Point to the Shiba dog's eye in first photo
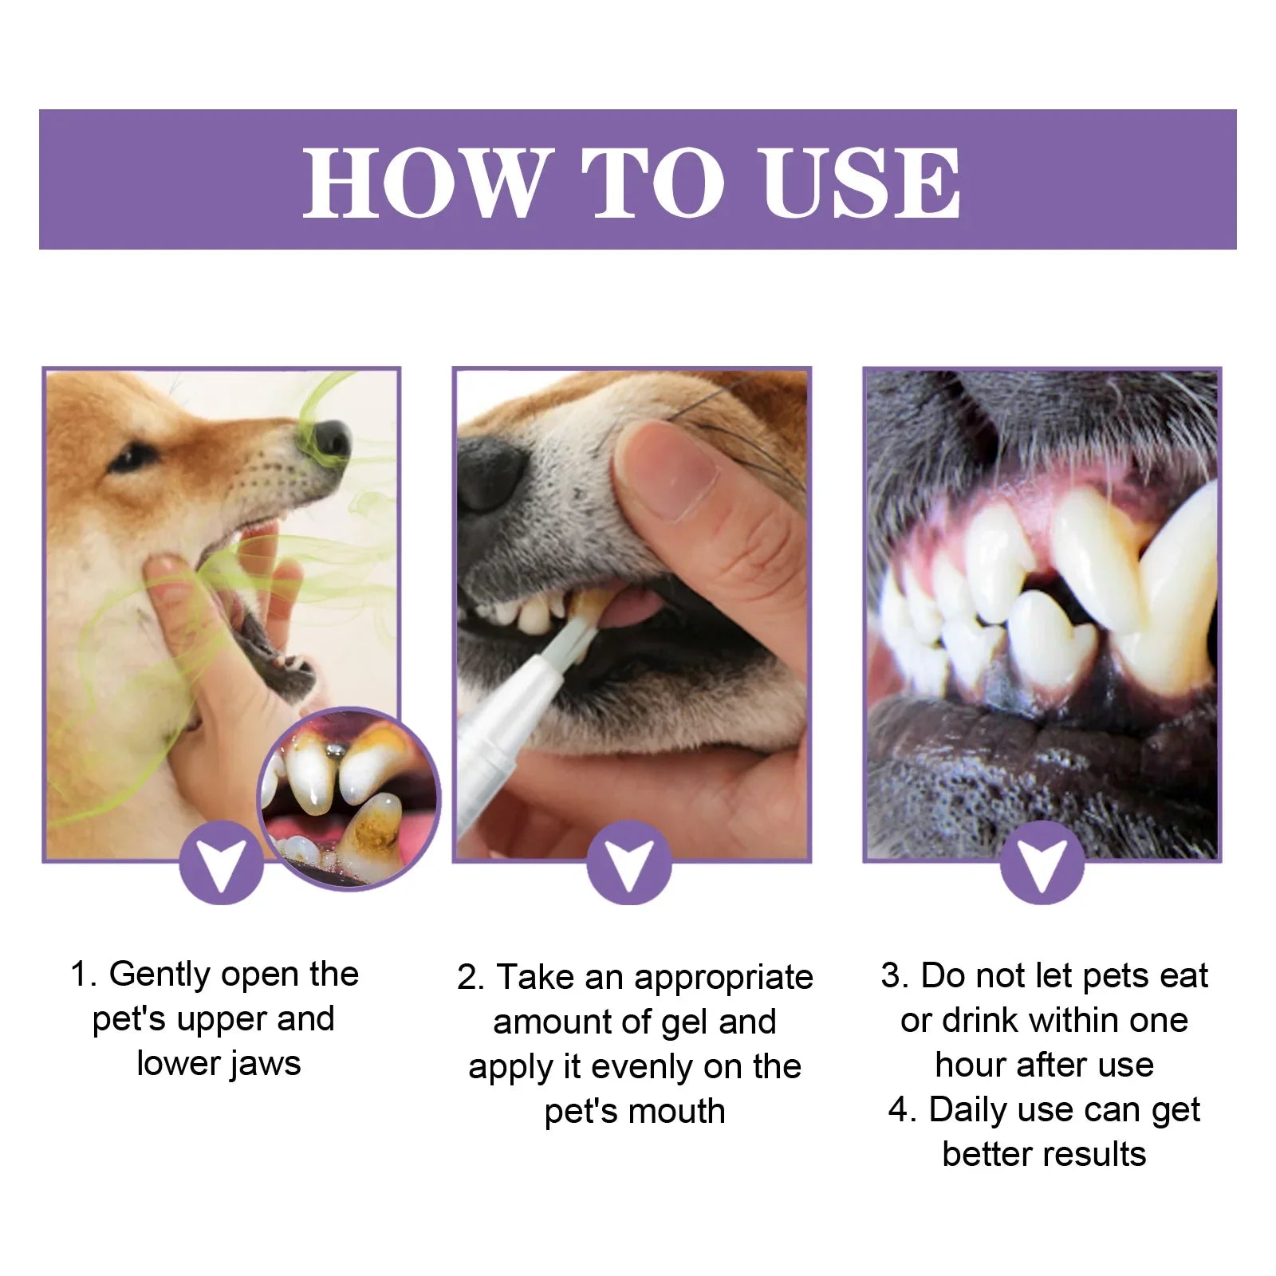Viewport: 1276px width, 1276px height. [130, 457]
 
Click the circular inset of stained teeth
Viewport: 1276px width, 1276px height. [349, 798]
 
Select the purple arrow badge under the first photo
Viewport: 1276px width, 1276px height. [221, 864]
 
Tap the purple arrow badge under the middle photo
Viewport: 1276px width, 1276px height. [628, 864]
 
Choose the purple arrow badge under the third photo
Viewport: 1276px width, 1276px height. [1042, 864]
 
